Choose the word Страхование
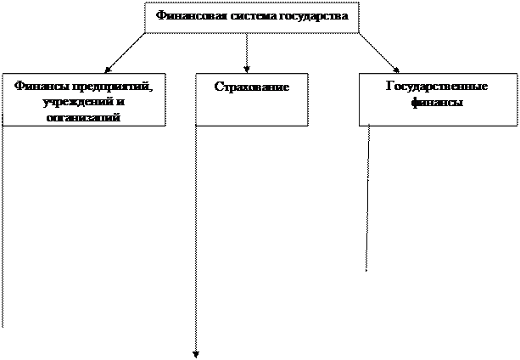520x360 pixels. coord(252,87)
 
